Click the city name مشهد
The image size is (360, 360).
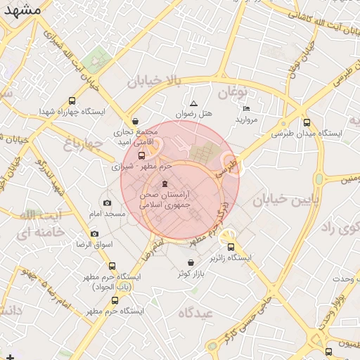pyautogui.click(x=22, y=12)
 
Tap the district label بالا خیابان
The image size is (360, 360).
pyautogui.click(x=154, y=82)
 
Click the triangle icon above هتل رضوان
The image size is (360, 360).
pyautogui.click(x=194, y=103)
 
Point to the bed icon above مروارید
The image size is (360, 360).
pyautogui.click(x=246, y=109)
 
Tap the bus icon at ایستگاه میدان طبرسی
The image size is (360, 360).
pyautogui.click(x=307, y=122)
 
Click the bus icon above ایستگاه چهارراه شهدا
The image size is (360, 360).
pyautogui.click(x=72, y=101)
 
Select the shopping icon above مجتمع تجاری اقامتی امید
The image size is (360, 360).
pyautogui.click(x=135, y=120)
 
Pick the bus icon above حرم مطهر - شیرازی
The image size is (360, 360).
pyautogui.click(x=141, y=155)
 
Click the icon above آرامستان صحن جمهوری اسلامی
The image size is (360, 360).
pyautogui.click(x=165, y=184)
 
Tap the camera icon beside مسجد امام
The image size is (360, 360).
pyautogui.click(x=107, y=202)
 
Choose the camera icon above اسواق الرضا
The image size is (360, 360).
pyautogui.click(x=95, y=233)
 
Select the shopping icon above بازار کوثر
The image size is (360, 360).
pyautogui.click(x=191, y=262)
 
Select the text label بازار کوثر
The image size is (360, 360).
pyautogui.click(x=191, y=273)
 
